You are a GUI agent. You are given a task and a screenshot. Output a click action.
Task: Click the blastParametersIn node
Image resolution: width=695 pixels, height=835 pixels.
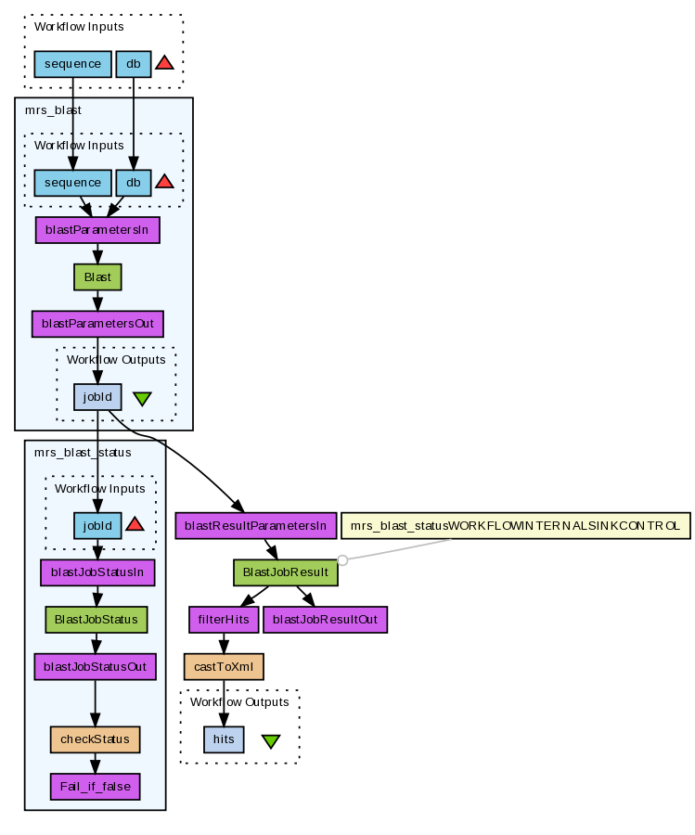click(x=97, y=230)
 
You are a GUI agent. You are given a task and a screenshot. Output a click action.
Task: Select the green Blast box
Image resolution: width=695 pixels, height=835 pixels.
click(x=97, y=276)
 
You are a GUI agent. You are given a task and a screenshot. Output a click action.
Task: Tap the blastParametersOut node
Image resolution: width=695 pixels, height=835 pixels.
click(x=97, y=324)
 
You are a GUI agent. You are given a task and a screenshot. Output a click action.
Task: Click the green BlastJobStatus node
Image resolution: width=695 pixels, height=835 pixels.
click(x=97, y=619)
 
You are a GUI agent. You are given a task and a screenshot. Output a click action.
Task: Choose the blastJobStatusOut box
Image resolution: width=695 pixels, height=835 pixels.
click(x=96, y=666)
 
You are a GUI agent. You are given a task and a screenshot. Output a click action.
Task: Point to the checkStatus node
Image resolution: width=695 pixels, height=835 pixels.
click(x=95, y=739)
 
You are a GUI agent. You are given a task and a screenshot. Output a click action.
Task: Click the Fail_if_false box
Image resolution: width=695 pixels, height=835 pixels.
click(x=95, y=787)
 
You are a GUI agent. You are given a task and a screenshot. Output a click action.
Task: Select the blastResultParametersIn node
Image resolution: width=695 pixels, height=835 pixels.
click(x=254, y=525)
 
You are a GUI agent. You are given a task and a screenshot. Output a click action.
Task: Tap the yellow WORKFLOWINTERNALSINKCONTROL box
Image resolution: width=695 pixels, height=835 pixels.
click(x=516, y=525)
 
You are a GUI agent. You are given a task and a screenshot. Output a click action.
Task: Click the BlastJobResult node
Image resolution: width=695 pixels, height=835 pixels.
click(x=285, y=572)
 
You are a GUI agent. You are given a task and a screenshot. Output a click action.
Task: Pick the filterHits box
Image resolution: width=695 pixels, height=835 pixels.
click(x=222, y=619)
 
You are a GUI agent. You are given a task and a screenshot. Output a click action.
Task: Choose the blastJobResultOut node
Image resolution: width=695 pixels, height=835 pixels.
click(x=325, y=619)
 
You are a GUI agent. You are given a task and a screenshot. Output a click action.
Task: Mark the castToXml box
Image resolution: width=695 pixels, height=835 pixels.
click(x=224, y=666)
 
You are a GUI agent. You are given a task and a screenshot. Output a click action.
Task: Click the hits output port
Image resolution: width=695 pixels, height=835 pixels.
click(x=224, y=739)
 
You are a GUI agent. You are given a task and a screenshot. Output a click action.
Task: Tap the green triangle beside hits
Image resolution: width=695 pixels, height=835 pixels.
click(x=271, y=741)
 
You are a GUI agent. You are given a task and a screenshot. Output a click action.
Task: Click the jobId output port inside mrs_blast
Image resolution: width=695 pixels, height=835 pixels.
click(x=97, y=397)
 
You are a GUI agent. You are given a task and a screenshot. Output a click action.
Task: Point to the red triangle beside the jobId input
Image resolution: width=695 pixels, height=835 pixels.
click(x=135, y=524)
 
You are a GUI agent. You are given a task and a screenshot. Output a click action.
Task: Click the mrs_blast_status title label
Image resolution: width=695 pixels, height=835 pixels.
click(x=83, y=453)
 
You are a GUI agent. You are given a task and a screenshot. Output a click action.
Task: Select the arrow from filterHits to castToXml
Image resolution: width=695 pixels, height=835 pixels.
click(x=224, y=642)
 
